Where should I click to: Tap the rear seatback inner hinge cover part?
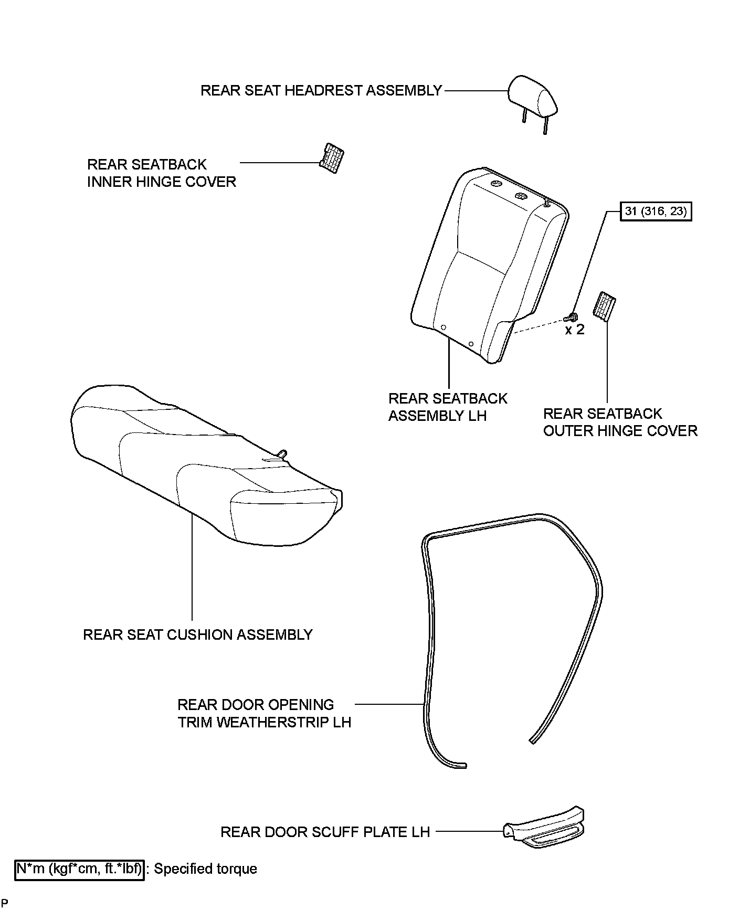(332, 157)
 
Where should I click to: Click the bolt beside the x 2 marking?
(571, 317)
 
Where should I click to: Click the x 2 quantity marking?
(575, 330)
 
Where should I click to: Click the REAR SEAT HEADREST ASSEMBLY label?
(321, 91)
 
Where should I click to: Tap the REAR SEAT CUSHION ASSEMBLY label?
(198, 635)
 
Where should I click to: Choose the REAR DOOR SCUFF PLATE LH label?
(325, 832)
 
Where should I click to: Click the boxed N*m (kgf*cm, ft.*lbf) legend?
(80, 869)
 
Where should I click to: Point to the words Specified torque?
(206, 869)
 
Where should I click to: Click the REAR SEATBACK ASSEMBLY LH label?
(448, 407)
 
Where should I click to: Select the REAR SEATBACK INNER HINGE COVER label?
(162, 173)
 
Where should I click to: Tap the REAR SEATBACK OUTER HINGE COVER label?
(620, 422)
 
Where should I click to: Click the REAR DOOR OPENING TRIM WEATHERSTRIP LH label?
(264, 713)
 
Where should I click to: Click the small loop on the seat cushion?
(282, 453)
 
